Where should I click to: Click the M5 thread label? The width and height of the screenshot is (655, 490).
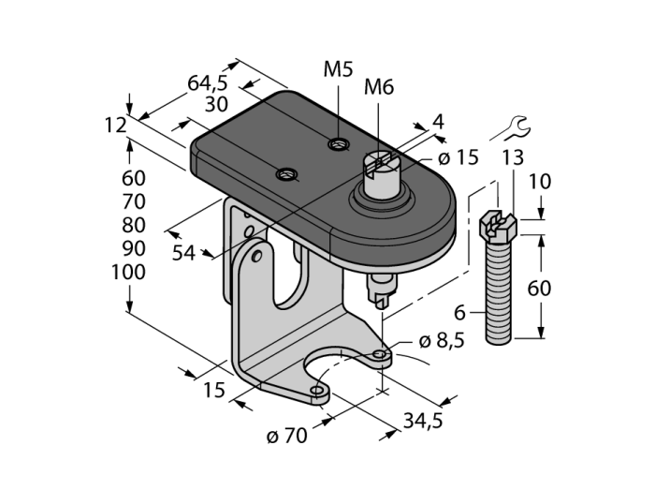pos(338,69)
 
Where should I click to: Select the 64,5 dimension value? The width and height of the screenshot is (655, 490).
pos(208,82)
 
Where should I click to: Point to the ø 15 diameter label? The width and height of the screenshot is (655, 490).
pos(458,158)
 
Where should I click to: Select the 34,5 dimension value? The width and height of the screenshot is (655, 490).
pos(422,423)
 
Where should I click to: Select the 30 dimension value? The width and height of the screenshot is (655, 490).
pos(217,103)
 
